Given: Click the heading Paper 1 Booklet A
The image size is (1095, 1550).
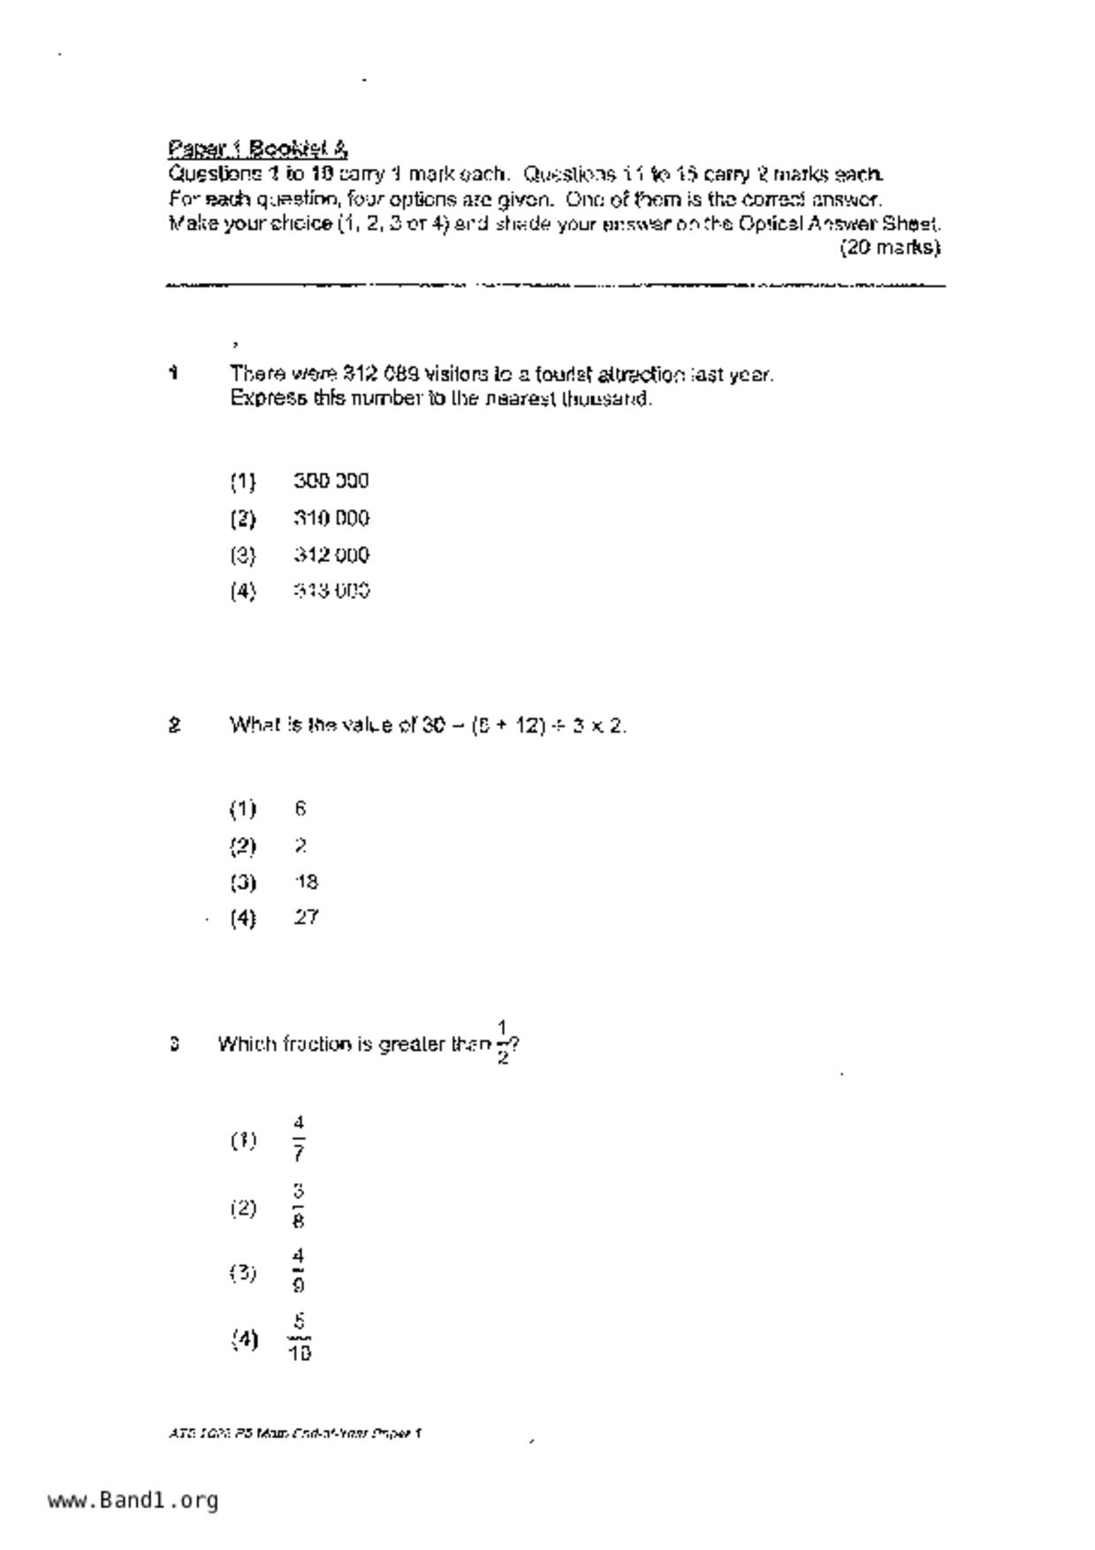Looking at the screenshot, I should (257, 148).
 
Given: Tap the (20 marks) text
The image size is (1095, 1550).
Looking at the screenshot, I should (889, 247).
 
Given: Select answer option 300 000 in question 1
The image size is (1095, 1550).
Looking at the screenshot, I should (331, 481).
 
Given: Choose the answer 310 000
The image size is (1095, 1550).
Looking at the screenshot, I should (331, 518).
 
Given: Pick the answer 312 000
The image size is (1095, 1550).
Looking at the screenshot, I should (331, 555).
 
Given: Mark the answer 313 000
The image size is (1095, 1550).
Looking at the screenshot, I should (331, 590).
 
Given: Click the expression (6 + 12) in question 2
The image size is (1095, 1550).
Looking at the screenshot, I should (508, 726).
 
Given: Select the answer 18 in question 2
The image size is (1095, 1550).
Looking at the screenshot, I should (306, 882).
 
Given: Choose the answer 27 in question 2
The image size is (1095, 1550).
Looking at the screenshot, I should (306, 917).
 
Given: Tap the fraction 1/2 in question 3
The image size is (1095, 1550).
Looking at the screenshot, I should (502, 1043).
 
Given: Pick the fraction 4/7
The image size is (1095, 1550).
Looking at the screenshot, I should (299, 1139).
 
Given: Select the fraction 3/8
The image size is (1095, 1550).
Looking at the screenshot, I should (299, 1207).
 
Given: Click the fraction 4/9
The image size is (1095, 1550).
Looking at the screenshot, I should (299, 1271).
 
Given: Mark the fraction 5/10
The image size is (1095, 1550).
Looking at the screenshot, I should (299, 1338).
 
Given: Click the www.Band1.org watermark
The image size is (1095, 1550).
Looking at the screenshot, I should (133, 1500).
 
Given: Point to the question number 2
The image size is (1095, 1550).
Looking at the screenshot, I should (174, 726).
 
